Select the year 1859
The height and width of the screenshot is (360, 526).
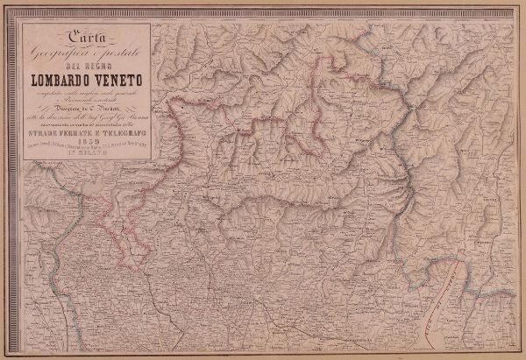(86, 145)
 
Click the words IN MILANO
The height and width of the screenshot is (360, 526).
(86, 159)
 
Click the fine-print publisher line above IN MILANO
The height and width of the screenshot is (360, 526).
(86, 152)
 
